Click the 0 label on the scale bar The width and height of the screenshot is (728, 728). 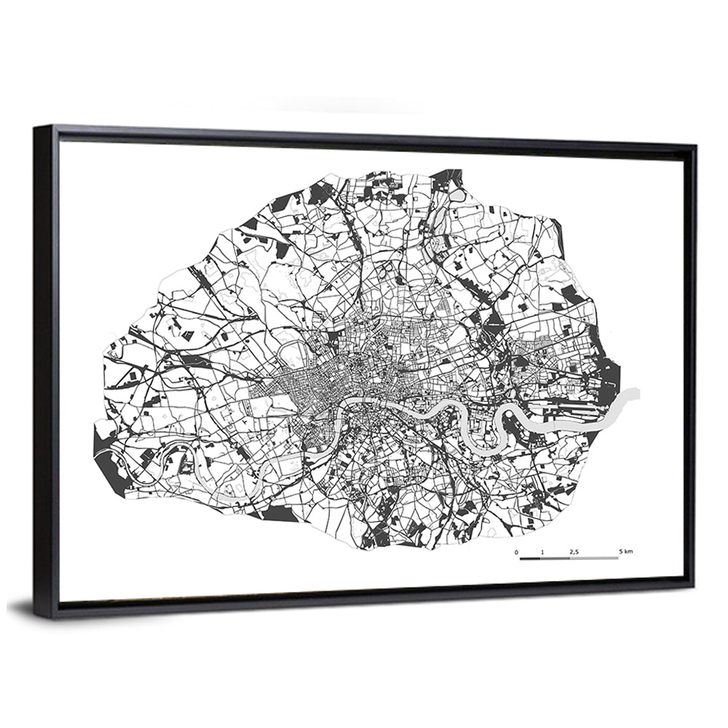tap(517, 553)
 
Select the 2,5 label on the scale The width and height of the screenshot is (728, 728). tap(574, 553)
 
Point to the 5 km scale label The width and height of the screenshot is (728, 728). tap(625, 553)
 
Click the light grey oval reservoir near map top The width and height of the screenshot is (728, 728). tap(456, 195)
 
